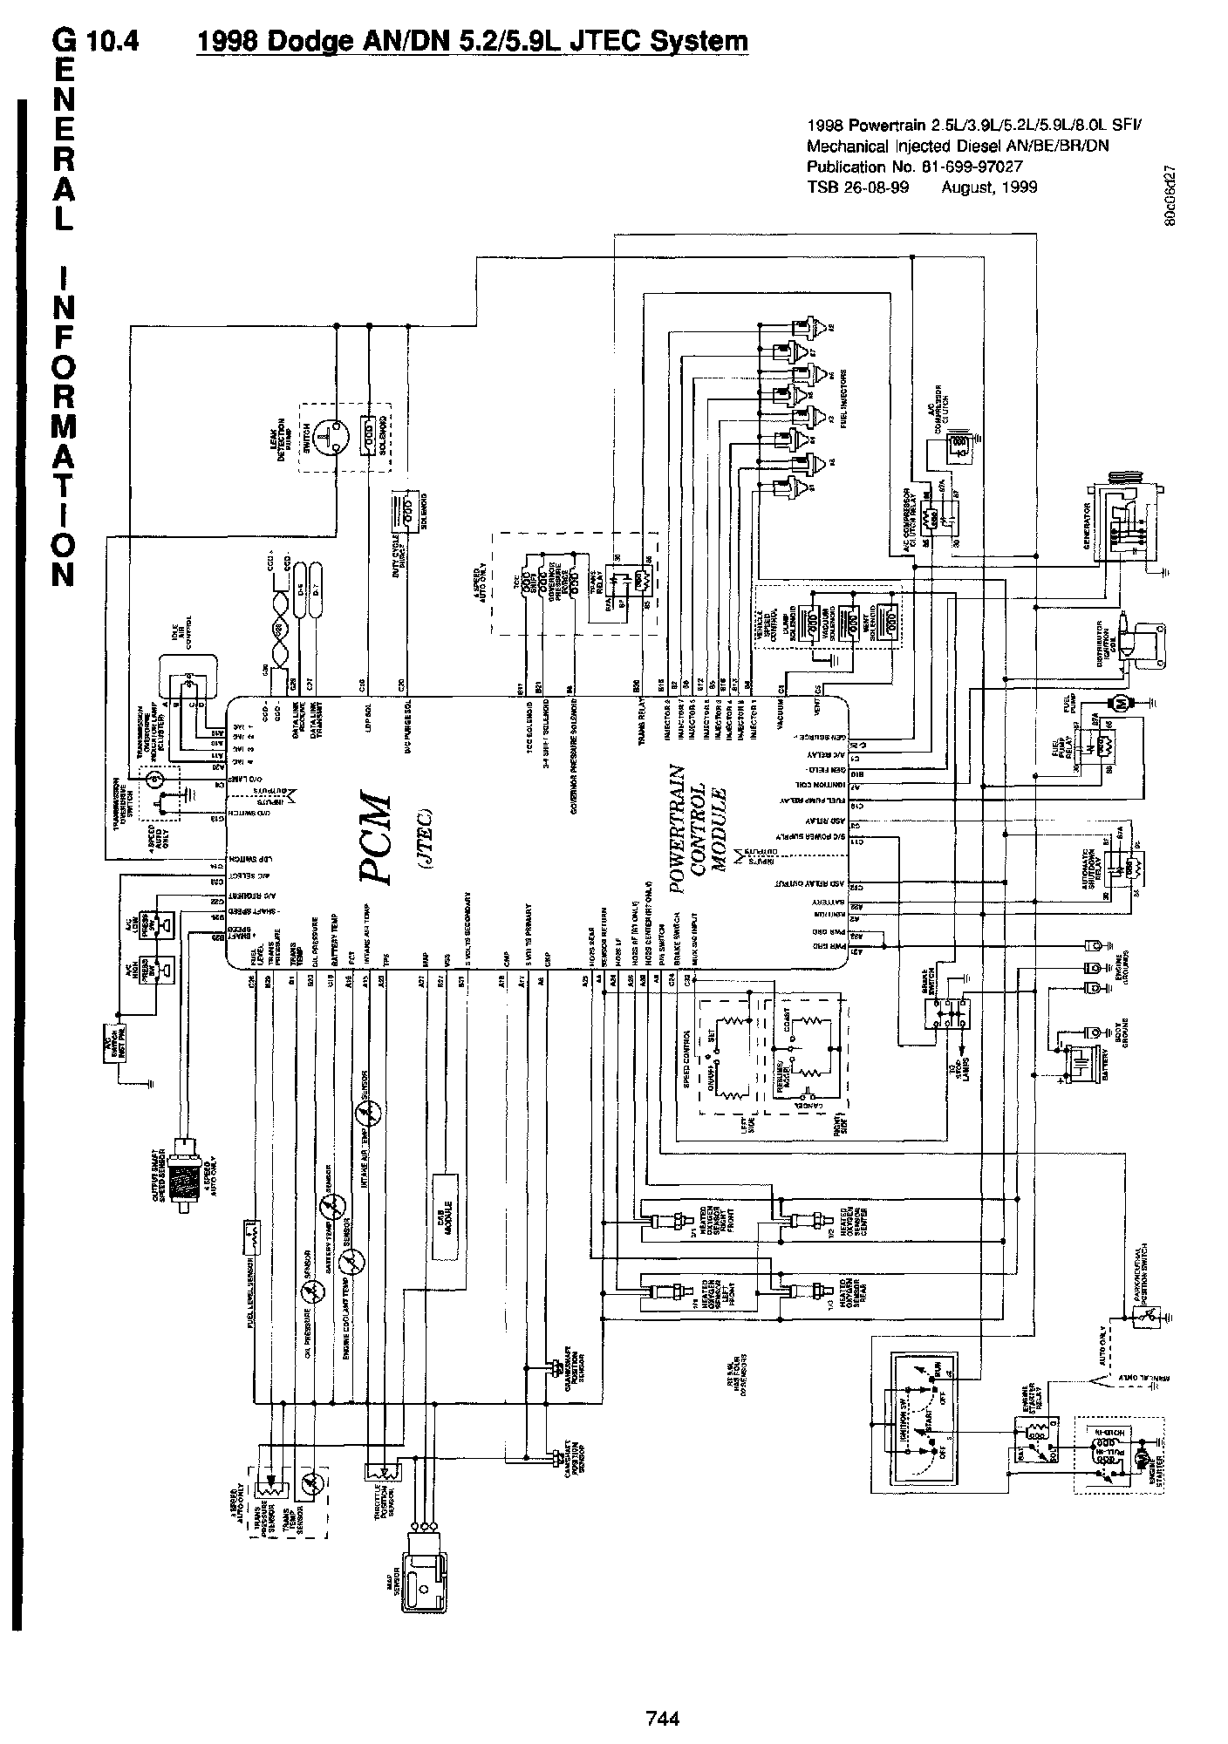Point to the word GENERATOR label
1088,522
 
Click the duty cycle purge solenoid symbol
405,506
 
